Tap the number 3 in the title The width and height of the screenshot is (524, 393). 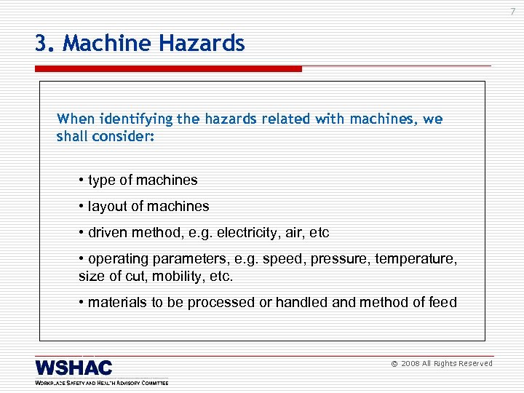click(41, 44)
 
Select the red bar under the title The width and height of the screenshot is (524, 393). click(168, 69)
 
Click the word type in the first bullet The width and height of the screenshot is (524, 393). click(103, 180)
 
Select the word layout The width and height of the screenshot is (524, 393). click(108, 206)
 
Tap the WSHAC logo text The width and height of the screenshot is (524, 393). click(74, 368)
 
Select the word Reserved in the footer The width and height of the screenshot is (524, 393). click(475, 364)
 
